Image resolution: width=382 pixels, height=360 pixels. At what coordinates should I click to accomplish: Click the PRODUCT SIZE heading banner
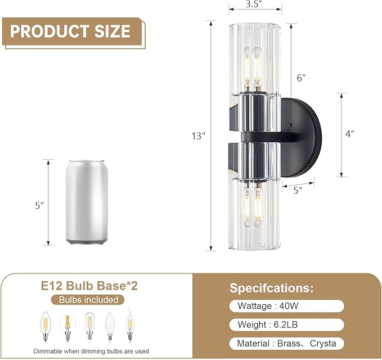click(71, 30)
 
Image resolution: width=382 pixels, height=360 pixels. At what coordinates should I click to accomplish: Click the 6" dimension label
click(301, 78)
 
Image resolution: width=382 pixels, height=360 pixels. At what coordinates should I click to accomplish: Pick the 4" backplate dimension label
click(350, 134)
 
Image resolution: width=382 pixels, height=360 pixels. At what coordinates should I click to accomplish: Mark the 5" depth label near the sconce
click(298, 190)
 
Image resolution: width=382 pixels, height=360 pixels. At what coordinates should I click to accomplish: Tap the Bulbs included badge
click(93, 300)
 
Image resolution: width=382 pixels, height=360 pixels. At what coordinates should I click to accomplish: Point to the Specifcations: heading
click(271, 288)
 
